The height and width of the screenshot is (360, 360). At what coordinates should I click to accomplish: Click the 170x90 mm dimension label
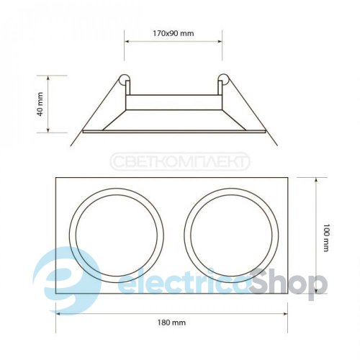174,33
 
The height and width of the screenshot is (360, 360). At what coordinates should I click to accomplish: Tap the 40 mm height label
40,104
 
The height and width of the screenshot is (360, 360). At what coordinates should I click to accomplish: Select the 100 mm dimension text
325,238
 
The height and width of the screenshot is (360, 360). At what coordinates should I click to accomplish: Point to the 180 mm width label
171,323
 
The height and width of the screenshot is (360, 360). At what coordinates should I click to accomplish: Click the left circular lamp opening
70,235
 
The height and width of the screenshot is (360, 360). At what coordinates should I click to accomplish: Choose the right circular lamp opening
184,235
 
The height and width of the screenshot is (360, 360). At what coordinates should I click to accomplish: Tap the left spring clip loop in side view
125,79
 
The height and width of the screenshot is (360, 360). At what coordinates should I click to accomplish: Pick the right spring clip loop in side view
223,79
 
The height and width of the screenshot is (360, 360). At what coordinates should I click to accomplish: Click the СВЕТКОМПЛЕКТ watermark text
180,161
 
